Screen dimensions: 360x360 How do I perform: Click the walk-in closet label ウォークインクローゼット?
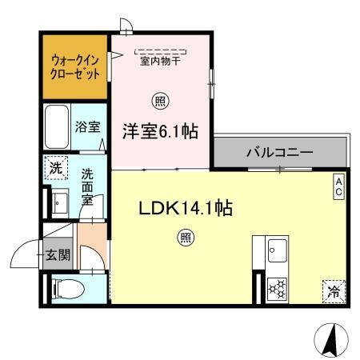75,67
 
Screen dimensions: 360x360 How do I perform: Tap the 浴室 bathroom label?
87,126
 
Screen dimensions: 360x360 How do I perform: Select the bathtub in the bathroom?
57,126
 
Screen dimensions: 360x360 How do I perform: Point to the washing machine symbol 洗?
56,168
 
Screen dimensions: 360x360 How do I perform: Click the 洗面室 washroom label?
87,186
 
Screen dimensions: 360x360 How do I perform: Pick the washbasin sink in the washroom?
60,202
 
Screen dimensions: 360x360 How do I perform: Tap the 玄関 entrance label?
58,255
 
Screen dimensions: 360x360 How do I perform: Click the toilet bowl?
69,289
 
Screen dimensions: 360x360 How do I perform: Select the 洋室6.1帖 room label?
160,131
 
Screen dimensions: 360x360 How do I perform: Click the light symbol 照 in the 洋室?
160,102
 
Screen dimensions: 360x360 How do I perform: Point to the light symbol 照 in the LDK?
186,238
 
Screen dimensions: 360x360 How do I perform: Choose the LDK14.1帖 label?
186,208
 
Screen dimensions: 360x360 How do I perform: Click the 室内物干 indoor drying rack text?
160,61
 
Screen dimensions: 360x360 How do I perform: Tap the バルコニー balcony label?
279,152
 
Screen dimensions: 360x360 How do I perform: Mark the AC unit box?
339,186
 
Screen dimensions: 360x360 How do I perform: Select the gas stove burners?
278,289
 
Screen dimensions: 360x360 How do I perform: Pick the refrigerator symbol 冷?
334,292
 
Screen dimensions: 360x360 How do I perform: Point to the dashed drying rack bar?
161,51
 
